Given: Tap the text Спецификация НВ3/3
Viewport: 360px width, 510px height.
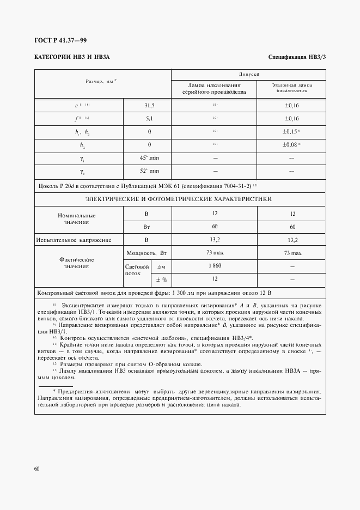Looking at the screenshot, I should [297, 57].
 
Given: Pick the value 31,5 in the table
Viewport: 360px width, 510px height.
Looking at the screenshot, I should [149, 105].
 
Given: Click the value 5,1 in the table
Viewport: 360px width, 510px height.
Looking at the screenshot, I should [149, 118].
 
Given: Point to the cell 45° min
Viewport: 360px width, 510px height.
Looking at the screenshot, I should [149, 158].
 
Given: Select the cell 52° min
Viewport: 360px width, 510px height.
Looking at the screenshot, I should [149, 171].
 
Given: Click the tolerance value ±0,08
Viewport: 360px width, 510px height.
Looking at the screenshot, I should [291, 144].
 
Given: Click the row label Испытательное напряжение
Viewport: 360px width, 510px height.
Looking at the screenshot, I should [74, 240].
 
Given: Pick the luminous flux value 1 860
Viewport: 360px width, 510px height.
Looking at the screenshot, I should [215, 266].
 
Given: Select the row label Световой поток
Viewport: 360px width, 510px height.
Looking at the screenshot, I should [137, 270].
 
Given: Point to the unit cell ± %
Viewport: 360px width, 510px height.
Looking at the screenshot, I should [161, 280].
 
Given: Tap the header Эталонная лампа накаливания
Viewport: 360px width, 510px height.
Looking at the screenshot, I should [291, 88].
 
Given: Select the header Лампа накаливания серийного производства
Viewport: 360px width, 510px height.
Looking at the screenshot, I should [215, 89].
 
